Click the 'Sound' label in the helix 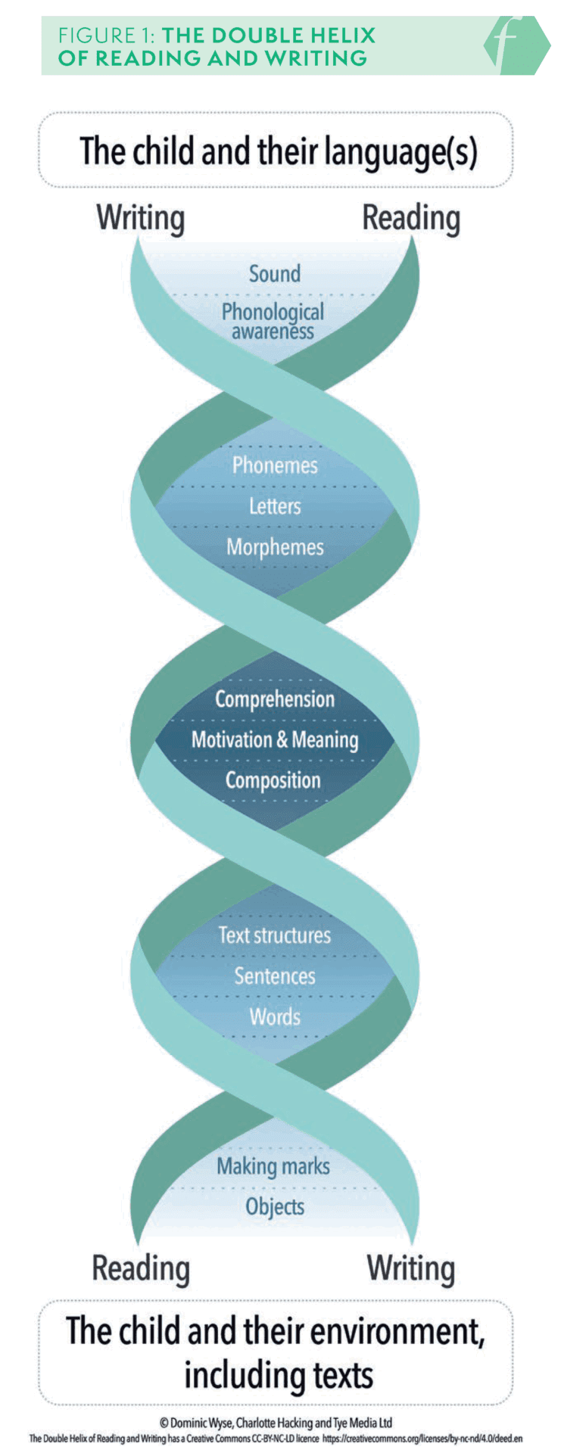coord(275,273)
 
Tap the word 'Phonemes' coord(275,465)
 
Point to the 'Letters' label coord(275,506)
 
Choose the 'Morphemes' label coord(275,547)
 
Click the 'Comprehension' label coord(275,698)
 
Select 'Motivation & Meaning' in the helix coord(275,739)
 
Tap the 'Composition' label coord(273,780)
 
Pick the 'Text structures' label coord(275,935)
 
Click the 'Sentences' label coord(275,976)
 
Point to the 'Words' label coord(275,1016)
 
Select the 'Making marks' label coord(273,1166)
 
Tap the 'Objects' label coord(275,1207)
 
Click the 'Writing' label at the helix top coord(141,219)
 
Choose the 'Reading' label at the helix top coord(411,219)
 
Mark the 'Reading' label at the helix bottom coord(141,1268)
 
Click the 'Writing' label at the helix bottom coord(411,1268)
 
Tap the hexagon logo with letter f coord(516,45)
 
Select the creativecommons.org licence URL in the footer coord(422,1438)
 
